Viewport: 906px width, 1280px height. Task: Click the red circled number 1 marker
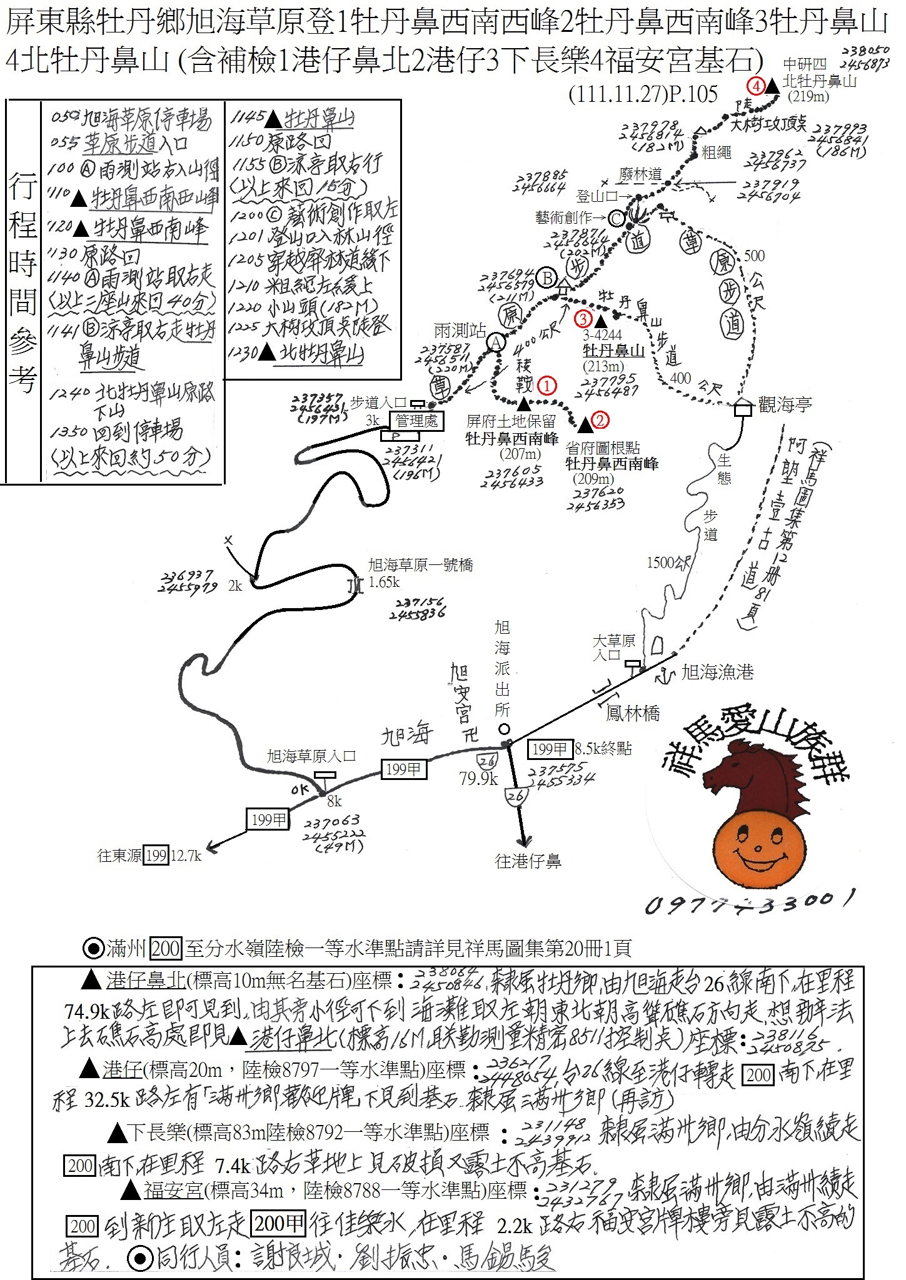(x=547, y=386)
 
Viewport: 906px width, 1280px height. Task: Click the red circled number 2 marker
(x=599, y=420)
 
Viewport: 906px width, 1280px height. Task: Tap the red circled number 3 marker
(x=583, y=319)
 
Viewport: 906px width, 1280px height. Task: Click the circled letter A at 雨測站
(x=496, y=342)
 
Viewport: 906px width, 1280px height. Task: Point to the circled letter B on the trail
(x=547, y=277)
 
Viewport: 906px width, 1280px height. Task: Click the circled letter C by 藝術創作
(x=617, y=218)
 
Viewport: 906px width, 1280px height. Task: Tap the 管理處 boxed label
(x=417, y=421)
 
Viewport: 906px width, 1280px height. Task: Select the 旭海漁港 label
(x=717, y=672)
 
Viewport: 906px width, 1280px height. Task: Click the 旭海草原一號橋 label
(x=420, y=565)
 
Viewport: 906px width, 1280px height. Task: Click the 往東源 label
(x=119, y=856)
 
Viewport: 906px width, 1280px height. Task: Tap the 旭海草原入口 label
(x=311, y=757)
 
